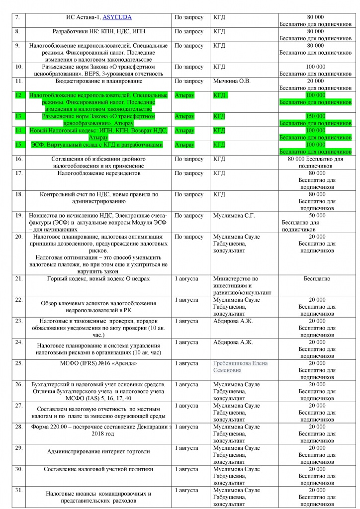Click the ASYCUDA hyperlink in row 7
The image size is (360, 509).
(x=117, y=17)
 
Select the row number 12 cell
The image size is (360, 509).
(x=19, y=95)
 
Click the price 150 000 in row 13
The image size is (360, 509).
(x=315, y=116)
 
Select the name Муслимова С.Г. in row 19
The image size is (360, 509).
(x=234, y=216)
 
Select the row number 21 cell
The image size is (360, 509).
(x=19, y=278)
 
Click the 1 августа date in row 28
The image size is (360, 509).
(x=186, y=426)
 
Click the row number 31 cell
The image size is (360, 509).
(x=19, y=490)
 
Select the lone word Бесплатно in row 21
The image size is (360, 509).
(x=317, y=278)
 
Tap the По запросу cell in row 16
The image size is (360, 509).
(x=189, y=159)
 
